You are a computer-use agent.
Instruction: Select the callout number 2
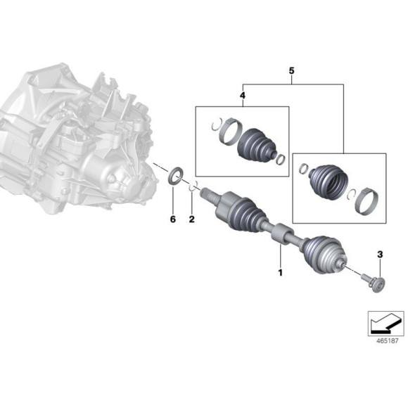(x=190, y=219)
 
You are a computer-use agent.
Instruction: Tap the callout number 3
(x=380, y=253)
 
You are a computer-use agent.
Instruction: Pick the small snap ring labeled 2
(x=196, y=189)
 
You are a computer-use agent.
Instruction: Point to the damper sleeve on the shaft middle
(x=281, y=233)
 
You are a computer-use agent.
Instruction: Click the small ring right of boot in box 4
(x=280, y=158)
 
